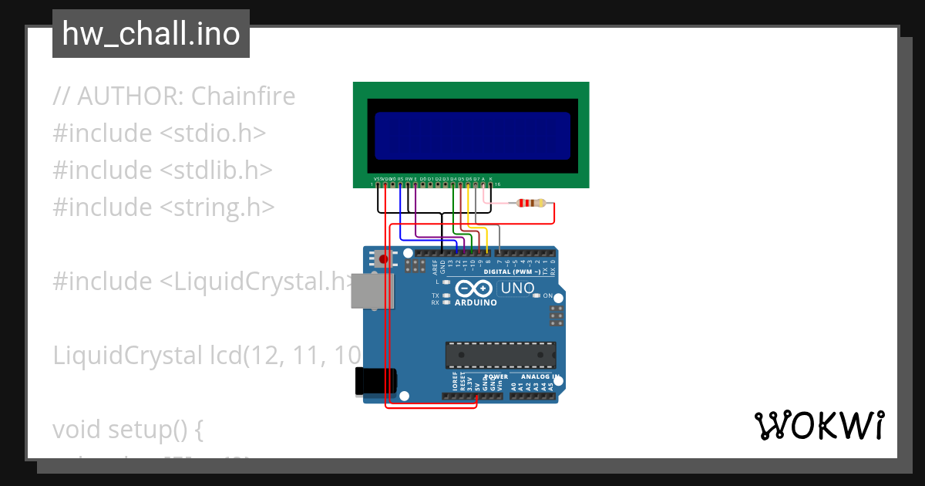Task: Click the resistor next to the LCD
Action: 533,204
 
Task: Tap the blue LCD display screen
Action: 473,136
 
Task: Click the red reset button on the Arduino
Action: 383,260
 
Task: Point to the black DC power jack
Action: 375,382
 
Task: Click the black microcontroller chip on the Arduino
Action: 500,354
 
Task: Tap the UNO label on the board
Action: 517,289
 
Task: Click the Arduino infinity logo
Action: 474,289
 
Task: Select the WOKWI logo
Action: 819,425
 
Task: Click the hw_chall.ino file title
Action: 151,34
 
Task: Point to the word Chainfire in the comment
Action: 243,96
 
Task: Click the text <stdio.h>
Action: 213,133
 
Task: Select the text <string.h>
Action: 217,208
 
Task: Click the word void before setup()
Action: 77,430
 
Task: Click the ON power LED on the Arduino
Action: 537,295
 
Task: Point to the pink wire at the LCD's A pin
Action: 485,194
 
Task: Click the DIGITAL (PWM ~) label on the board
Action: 511,272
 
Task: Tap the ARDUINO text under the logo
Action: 476,302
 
